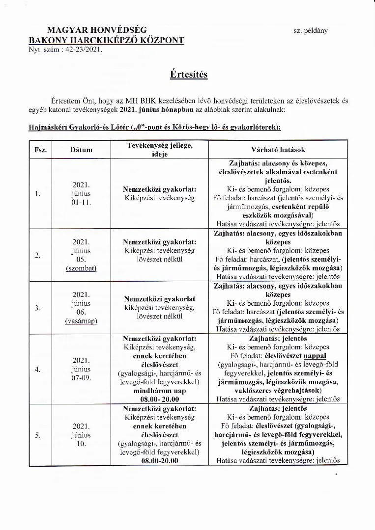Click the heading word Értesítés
click(x=189, y=74)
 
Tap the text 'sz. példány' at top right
click(x=311, y=30)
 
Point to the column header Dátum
click(x=82, y=149)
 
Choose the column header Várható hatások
click(x=278, y=149)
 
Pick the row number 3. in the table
click(x=38, y=308)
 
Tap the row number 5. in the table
click(x=38, y=435)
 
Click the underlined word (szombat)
click(x=82, y=268)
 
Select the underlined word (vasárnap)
click(x=82, y=321)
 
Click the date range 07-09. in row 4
click(x=82, y=378)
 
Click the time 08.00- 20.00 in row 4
click(x=160, y=400)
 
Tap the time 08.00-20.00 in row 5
click(x=160, y=461)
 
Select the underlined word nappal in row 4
click(x=315, y=356)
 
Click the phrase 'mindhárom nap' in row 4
click(x=160, y=391)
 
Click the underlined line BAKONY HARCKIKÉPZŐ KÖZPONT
click(x=107, y=40)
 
